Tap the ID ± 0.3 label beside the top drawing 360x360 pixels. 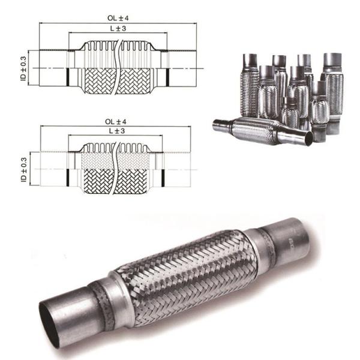pos(23,69)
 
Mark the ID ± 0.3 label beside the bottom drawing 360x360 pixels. pos(23,171)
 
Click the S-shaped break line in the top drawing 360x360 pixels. pos(121,66)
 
